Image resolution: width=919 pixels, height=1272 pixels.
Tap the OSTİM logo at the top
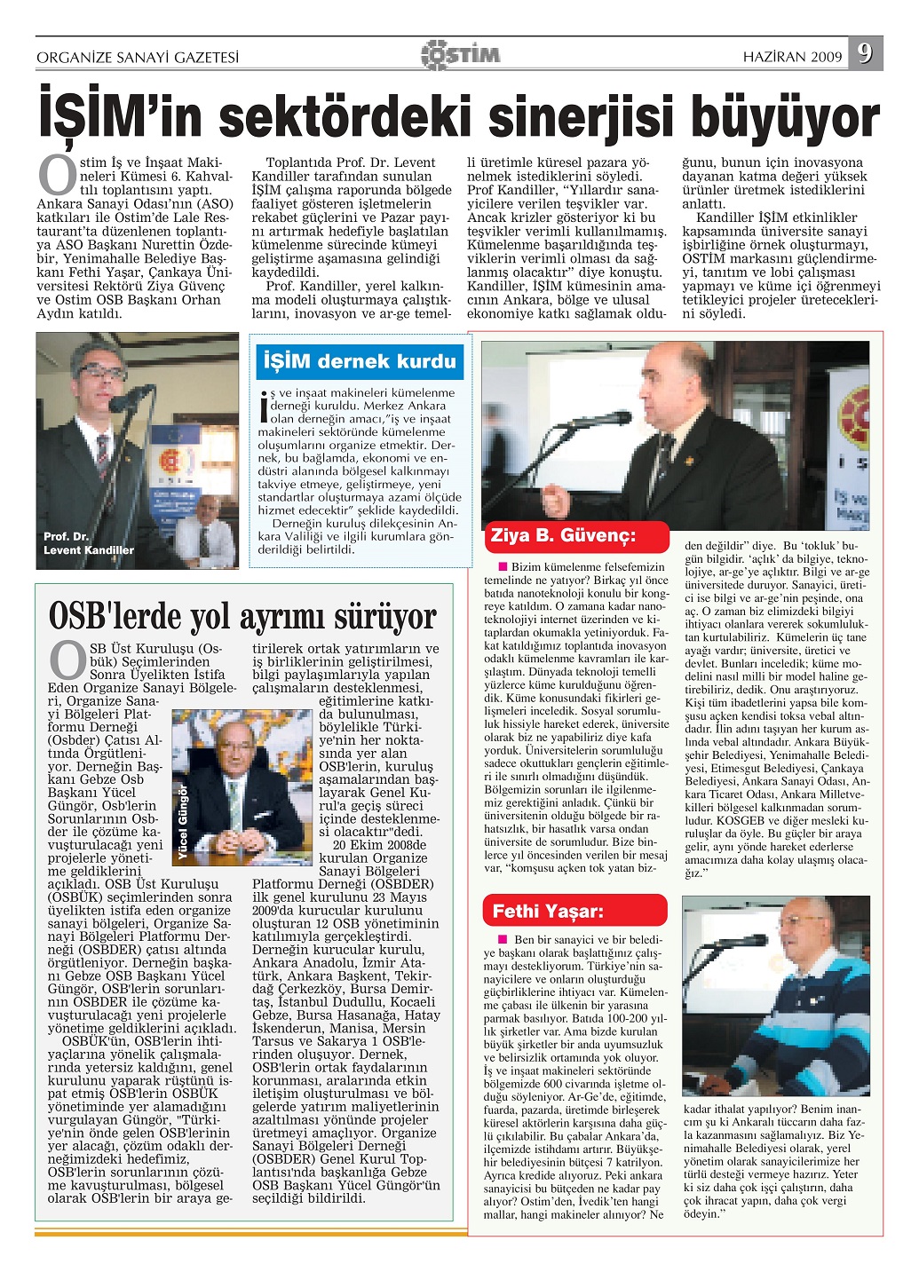coord(460,54)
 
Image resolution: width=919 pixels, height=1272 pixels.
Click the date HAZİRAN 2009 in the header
coord(792,57)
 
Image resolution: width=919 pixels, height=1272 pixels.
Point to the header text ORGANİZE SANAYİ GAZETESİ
coord(138,58)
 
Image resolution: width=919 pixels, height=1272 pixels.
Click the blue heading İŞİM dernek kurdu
coord(360,361)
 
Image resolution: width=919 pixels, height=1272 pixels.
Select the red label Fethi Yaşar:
coord(548,911)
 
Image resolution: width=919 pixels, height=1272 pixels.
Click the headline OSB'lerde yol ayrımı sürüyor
coord(242,615)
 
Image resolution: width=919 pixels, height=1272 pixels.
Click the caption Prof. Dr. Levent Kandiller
coord(88,543)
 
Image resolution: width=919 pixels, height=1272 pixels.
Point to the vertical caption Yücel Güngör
coord(184,822)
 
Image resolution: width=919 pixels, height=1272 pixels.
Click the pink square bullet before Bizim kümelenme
coord(503,566)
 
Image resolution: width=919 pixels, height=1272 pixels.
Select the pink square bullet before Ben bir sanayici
coord(503,939)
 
